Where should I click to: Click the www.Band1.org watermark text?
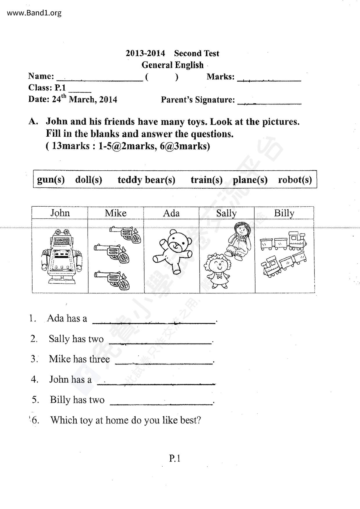click(34, 13)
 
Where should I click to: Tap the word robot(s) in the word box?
click(295, 180)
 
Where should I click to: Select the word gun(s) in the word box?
click(51, 180)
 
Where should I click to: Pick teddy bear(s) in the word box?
click(146, 180)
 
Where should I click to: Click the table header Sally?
click(226, 213)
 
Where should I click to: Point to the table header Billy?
click(284, 213)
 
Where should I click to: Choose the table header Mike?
click(116, 213)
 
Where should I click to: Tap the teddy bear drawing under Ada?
click(172, 251)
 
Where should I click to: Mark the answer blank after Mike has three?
click(164, 361)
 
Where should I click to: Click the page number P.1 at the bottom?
click(175, 459)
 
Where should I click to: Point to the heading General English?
click(172, 65)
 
